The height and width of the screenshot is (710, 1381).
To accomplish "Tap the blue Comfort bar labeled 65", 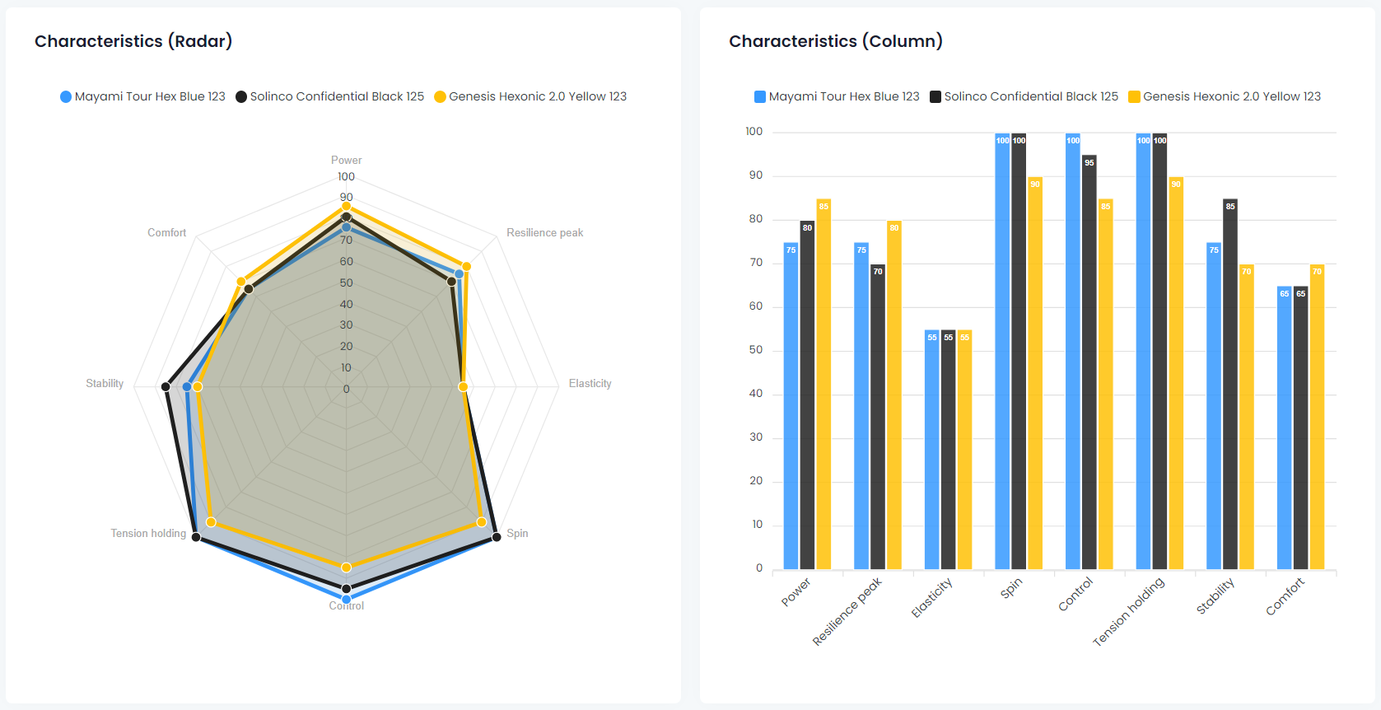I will (x=1285, y=427).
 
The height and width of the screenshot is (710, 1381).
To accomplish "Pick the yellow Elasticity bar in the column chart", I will (x=964, y=450).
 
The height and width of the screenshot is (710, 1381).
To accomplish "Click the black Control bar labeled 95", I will (x=1089, y=362).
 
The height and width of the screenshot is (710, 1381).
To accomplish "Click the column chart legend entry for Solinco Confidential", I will (x=1024, y=96).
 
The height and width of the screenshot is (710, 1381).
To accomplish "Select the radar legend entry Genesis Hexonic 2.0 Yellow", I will (x=530, y=96).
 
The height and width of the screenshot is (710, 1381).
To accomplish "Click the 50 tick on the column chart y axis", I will (x=755, y=350).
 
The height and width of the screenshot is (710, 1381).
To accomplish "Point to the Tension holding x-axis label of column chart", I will (x=1129, y=611).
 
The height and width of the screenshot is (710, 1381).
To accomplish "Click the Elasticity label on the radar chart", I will (x=590, y=384).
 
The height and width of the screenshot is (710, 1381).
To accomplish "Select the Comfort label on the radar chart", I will (x=166, y=233).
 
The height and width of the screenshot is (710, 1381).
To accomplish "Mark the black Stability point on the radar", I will (x=166, y=386).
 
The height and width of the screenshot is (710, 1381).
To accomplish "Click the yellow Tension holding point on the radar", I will (x=211, y=522).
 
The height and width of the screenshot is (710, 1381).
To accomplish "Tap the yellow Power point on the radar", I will (x=347, y=206).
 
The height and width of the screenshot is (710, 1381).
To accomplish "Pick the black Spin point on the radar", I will (x=497, y=537).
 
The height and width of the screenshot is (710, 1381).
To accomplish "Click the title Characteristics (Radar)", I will (x=133, y=41).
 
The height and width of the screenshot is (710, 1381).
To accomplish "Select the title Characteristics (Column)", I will (x=836, y=41).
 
